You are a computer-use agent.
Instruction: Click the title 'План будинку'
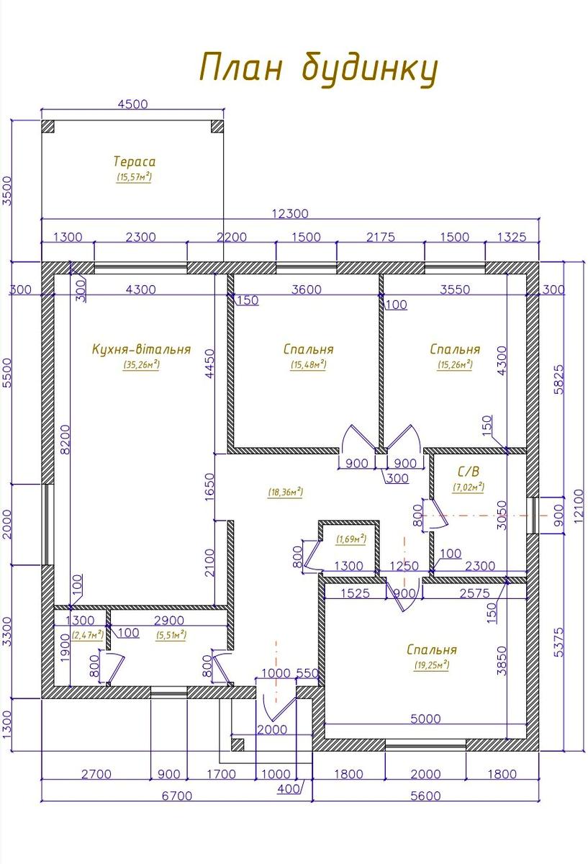319,69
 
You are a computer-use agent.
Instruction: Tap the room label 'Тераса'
135,161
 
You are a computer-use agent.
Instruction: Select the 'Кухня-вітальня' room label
142,349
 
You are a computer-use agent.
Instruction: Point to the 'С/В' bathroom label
469,472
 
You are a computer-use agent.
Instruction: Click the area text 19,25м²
432,665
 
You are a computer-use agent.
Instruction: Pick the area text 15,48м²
309,364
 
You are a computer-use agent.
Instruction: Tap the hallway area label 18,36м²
285,492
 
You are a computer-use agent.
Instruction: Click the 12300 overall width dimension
290,213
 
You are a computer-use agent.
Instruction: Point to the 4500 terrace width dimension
132,104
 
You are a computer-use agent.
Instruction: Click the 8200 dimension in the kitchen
65,439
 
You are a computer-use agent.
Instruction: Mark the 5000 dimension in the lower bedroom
425,719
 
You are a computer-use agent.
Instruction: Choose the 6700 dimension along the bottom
177,796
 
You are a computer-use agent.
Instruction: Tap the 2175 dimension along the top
381,237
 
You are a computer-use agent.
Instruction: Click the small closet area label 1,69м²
351,539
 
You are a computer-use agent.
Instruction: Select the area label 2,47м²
88,634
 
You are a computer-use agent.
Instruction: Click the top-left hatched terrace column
48,127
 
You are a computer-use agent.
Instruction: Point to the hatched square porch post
238,744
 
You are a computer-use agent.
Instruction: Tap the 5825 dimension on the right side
558,379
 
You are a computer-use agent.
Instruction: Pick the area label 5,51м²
171,634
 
